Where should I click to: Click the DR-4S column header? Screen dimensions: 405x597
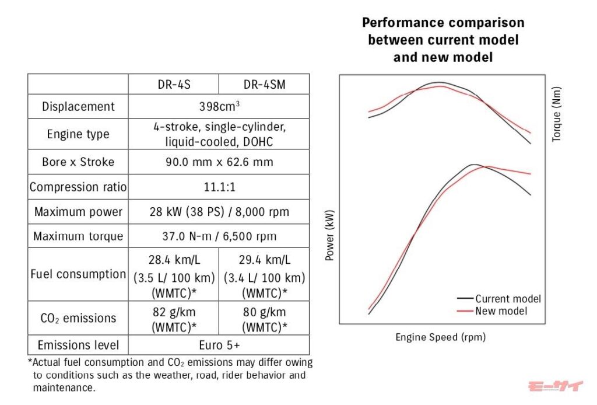[x=173, y=85]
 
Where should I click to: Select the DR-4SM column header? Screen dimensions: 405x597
[x=264, y=85]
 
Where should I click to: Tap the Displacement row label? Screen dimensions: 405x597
[x=78, y=107]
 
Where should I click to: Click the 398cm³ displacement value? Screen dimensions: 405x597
[x=219, y=107]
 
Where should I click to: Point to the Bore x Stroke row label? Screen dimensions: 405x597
[x=78, y=162]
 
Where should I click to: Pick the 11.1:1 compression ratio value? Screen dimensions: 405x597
[x=219, y=187]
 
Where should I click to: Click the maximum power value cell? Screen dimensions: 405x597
[x=219, y=212]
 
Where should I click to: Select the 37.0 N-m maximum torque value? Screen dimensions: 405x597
[x=219, y=236]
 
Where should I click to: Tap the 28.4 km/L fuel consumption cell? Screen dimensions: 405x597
[x=173, y=274]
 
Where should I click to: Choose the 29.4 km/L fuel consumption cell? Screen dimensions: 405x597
[x=264, y=274]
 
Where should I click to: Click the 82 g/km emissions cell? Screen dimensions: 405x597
[x=173, y=318]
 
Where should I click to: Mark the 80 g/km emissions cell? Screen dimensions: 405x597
[x=264, y=318]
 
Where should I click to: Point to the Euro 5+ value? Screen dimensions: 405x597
[x=219, y=344]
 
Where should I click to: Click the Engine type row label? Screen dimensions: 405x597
[x=78, y=134]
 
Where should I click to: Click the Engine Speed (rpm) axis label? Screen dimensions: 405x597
[x=440, y=337]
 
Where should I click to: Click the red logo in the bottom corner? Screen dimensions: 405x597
[x=554, y=386]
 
